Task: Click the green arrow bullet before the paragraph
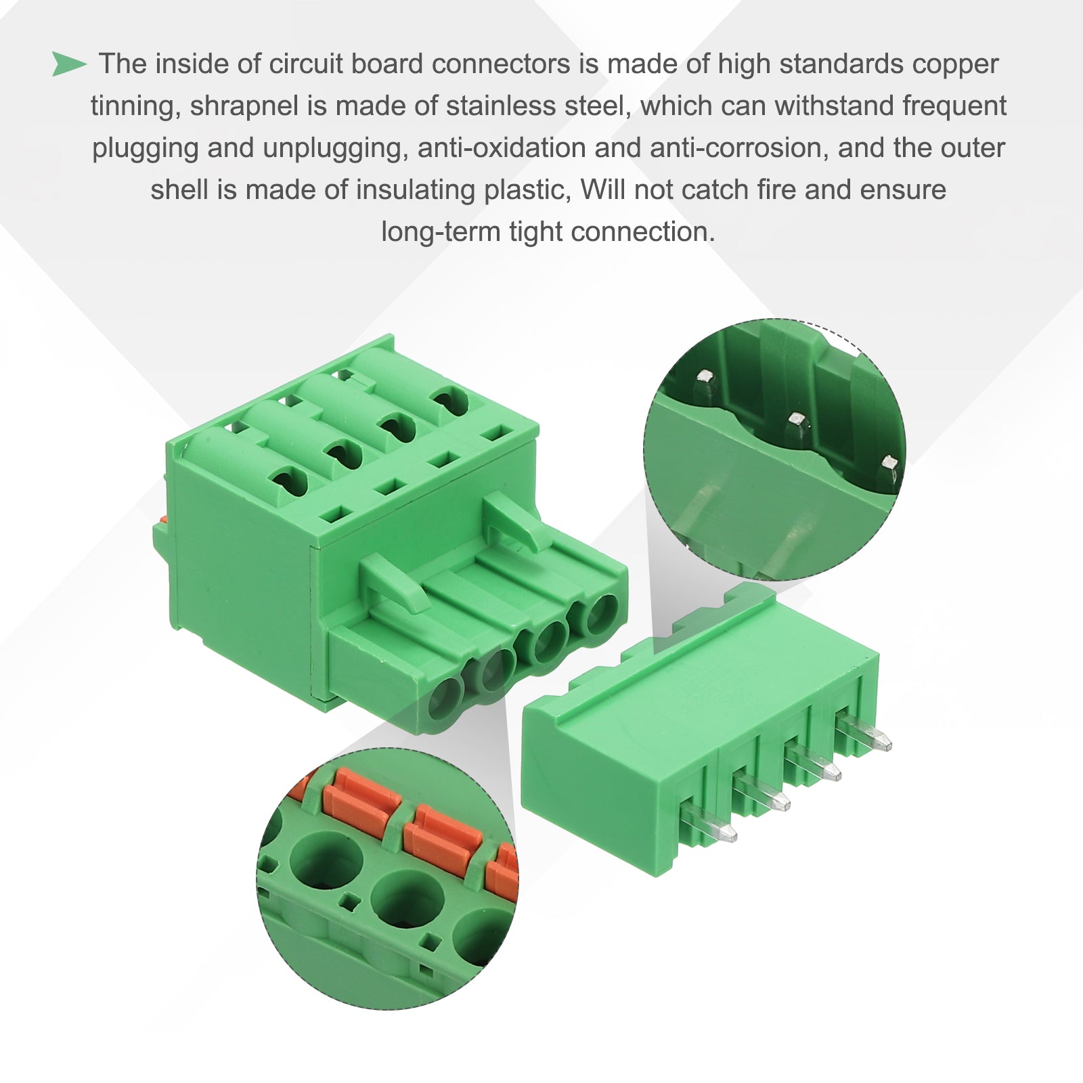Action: click(69, 64)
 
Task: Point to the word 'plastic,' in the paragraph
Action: click(525, 190)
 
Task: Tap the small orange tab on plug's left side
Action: click(161, 520)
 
